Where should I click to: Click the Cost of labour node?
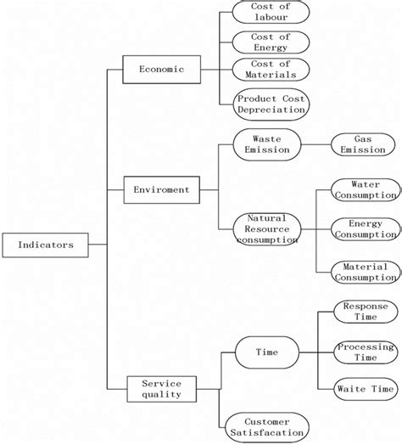tap(271, 11)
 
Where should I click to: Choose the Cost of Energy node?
tap(271, 42)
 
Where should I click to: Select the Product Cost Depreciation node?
tap(271, 104)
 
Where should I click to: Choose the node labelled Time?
tap(266, 351)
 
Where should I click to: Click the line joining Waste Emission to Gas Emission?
tap(315, 144)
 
